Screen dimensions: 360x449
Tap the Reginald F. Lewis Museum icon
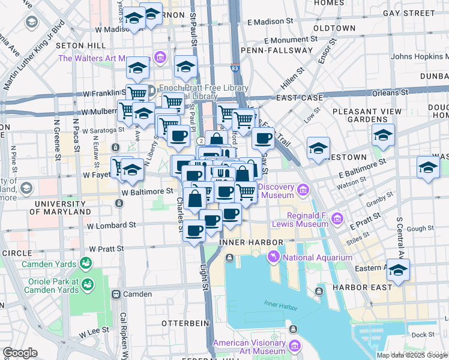click(x=337, y=219)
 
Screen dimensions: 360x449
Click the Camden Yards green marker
click(x=85, y=263)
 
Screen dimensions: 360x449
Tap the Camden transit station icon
click(x=116, y=295)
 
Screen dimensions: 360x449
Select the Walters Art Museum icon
click(x=160, y=58)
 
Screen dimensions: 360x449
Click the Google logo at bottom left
click(x=20, y=353)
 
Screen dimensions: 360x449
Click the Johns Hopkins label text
click(x=419, y=57)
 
